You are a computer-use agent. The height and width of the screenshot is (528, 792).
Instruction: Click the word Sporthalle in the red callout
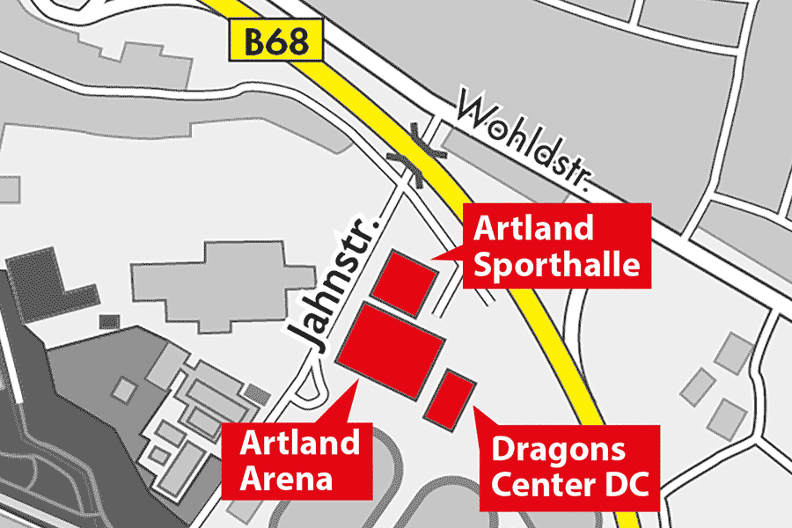556,263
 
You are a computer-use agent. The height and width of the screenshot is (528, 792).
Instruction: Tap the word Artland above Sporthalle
533,228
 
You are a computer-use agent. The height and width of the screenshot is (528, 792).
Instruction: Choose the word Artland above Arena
300,443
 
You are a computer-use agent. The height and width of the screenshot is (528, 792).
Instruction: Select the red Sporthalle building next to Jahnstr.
403,283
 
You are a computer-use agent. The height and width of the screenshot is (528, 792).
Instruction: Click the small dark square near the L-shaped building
109,321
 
